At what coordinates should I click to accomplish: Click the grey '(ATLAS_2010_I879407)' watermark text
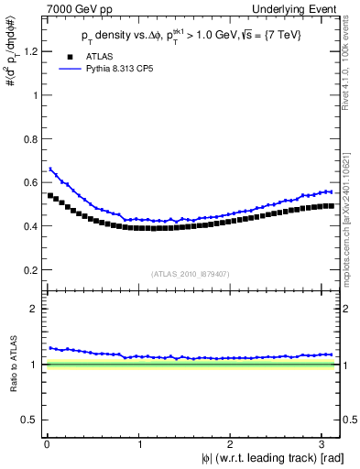pos(191,273)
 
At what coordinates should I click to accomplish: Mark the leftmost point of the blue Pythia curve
pos(49,169)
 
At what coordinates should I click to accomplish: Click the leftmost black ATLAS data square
pos(49,195)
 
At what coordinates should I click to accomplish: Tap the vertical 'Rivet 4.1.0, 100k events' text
pos(349,69)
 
